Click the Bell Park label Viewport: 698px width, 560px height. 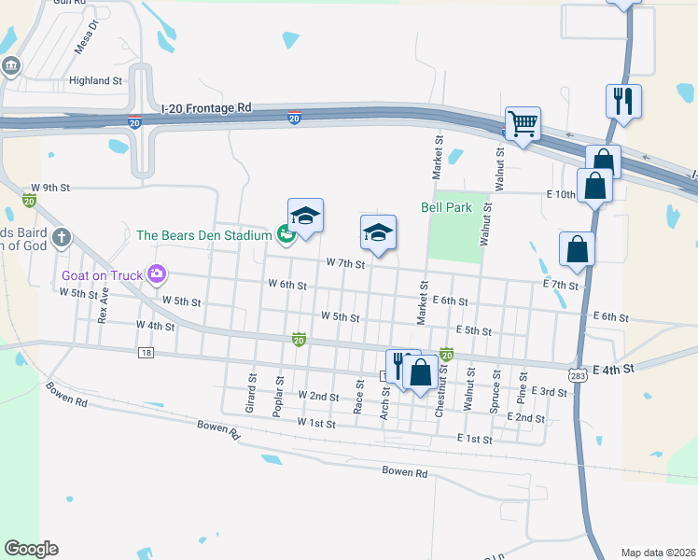[x=446, y=207]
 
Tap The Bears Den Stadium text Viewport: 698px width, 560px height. [x=203, y=235]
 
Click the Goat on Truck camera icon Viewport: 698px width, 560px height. [x=156, y=274]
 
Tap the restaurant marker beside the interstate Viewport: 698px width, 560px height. [x=623, y=100]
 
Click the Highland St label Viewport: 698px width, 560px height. [x=97, y=81]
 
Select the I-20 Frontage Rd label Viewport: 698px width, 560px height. [x=206, y=108]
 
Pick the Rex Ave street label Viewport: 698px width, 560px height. [x=105, y=304]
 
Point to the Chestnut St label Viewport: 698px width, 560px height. [x=443, y=385]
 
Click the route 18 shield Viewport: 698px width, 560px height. [x=146, y=352]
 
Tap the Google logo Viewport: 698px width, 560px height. [x=31, y=549]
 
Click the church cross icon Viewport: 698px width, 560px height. [x=63, y=236]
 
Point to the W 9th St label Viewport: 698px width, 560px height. [x=50, y=188]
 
